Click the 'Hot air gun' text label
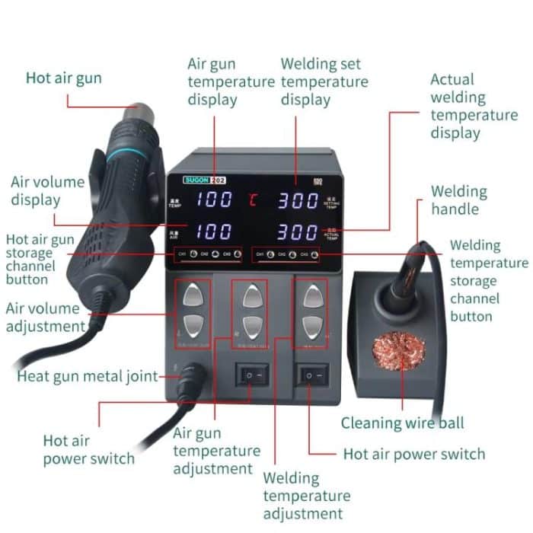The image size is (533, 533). (63, 78)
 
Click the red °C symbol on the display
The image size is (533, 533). (253, 201)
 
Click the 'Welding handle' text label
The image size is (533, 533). (458, 200)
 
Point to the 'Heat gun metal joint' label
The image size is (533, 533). (88, 376)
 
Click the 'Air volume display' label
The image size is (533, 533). (47, 191)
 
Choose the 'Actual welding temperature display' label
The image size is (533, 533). (474, 106)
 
